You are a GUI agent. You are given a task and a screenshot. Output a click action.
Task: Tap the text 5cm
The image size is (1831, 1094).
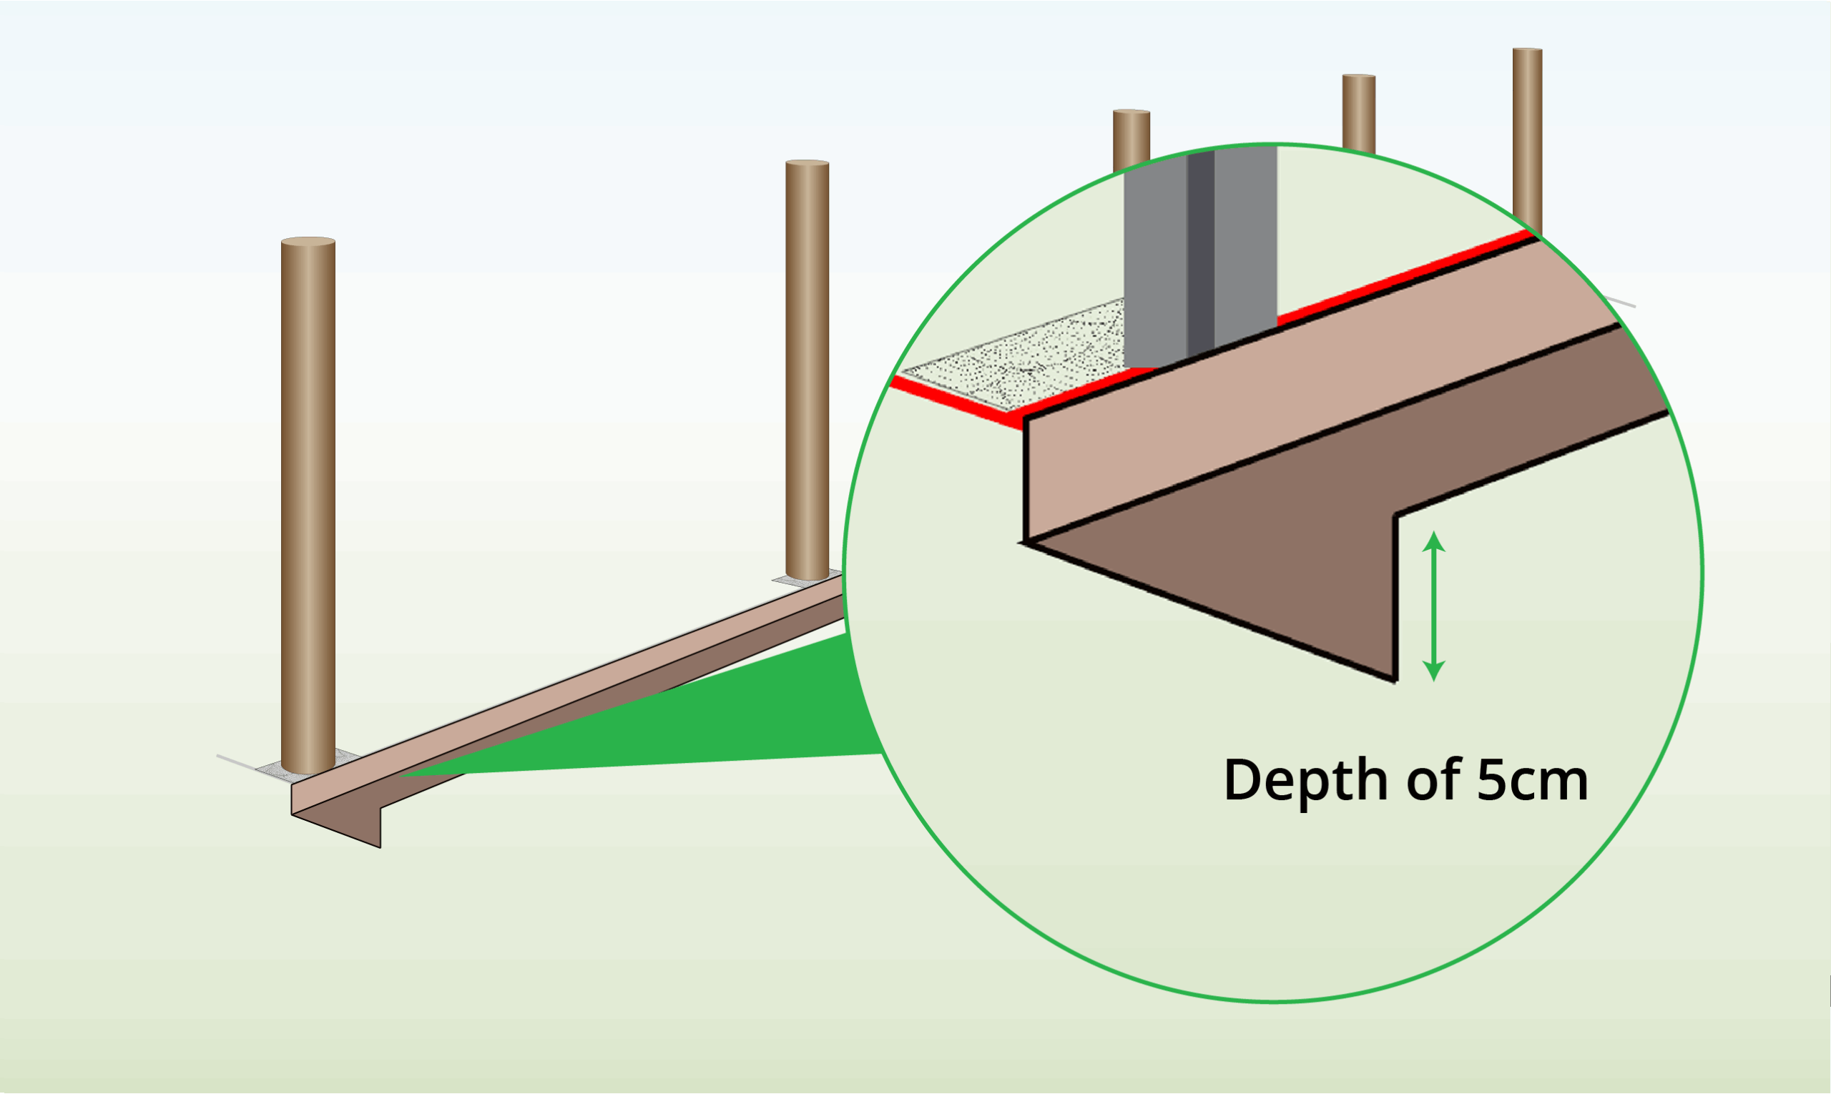point(1532,780)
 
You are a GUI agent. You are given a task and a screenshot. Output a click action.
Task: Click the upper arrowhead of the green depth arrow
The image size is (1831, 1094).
point(1433,542)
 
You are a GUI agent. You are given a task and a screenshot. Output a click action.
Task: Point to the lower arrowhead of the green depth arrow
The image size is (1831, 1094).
point(1433,671)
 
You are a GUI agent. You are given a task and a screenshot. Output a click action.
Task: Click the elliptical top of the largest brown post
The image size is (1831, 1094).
point(308,242)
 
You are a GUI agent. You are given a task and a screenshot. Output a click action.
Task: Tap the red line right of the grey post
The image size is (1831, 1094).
point(1401,280)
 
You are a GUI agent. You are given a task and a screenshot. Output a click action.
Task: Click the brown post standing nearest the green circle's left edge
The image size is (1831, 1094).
point(807,368)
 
